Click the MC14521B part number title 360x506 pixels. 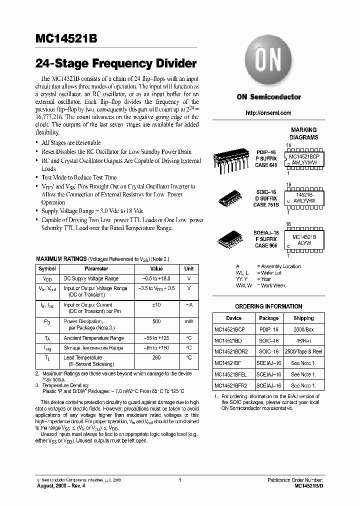66,39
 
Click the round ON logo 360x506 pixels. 268,60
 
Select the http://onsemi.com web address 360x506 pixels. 268,113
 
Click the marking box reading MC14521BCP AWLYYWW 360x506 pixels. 304,159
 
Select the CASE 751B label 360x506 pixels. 266,204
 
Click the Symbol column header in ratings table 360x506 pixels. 47,268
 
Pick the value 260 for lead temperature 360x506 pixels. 156,357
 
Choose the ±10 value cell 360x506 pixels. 156,304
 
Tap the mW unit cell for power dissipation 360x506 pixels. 188,321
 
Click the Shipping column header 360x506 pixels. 303,318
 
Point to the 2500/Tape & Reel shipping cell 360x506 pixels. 303,351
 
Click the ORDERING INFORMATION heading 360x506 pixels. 268,306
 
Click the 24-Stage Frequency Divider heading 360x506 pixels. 116,64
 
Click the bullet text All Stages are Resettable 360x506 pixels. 71,143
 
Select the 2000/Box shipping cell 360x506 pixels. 303,329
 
